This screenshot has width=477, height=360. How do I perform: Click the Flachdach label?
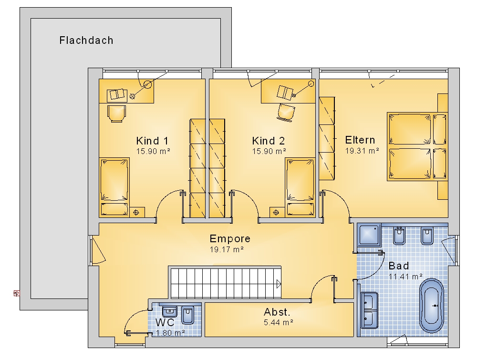pyautogui.click(x=86, y=41)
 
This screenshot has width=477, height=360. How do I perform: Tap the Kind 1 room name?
pyautogui.click(x=152, y=141)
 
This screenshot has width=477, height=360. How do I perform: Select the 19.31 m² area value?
pyautogui.click(x=362, y=151)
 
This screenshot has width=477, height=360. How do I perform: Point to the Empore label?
pyautogui.click(x=230, y=239)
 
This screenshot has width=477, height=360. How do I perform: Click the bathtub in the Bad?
pyautogui.click(x=432, y=306)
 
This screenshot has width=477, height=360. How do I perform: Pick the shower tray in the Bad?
pyautogui.click(x=369, y=236)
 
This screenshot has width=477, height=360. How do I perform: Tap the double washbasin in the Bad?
pyautogui.click(x=369, y=310)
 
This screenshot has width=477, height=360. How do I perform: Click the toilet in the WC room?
pyautogui.click(x=187, y=315)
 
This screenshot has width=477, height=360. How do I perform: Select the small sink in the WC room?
pyautogui.click(x=169, y=312)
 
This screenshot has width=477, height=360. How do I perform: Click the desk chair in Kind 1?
pyautogui.click(x=116, y=113)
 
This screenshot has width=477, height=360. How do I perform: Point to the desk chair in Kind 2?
pyautogui.click(x=286, y=113)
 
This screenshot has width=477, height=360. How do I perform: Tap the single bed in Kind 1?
pyautogui.click(x=114, y=187)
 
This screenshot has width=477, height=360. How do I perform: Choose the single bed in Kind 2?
pyautogui.click(x=300, y=187)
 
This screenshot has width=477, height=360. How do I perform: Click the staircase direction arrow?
pyautogui.click(x=279, y=284)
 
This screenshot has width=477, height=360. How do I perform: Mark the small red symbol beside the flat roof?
pyautogui.click(x=17, y=293)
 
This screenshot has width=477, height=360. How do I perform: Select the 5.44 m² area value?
pyautogui.click(x=279, y=322)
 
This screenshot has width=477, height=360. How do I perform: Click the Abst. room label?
pyautogui.click(x=277, y=312)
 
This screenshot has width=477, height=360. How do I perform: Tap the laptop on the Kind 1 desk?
pyautogui.click(x=117, y=94)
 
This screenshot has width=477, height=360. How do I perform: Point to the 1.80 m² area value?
pyautogui.click(x=170, y=333)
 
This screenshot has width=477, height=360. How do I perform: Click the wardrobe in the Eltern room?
pyautogui.click(x=327, y=138)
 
